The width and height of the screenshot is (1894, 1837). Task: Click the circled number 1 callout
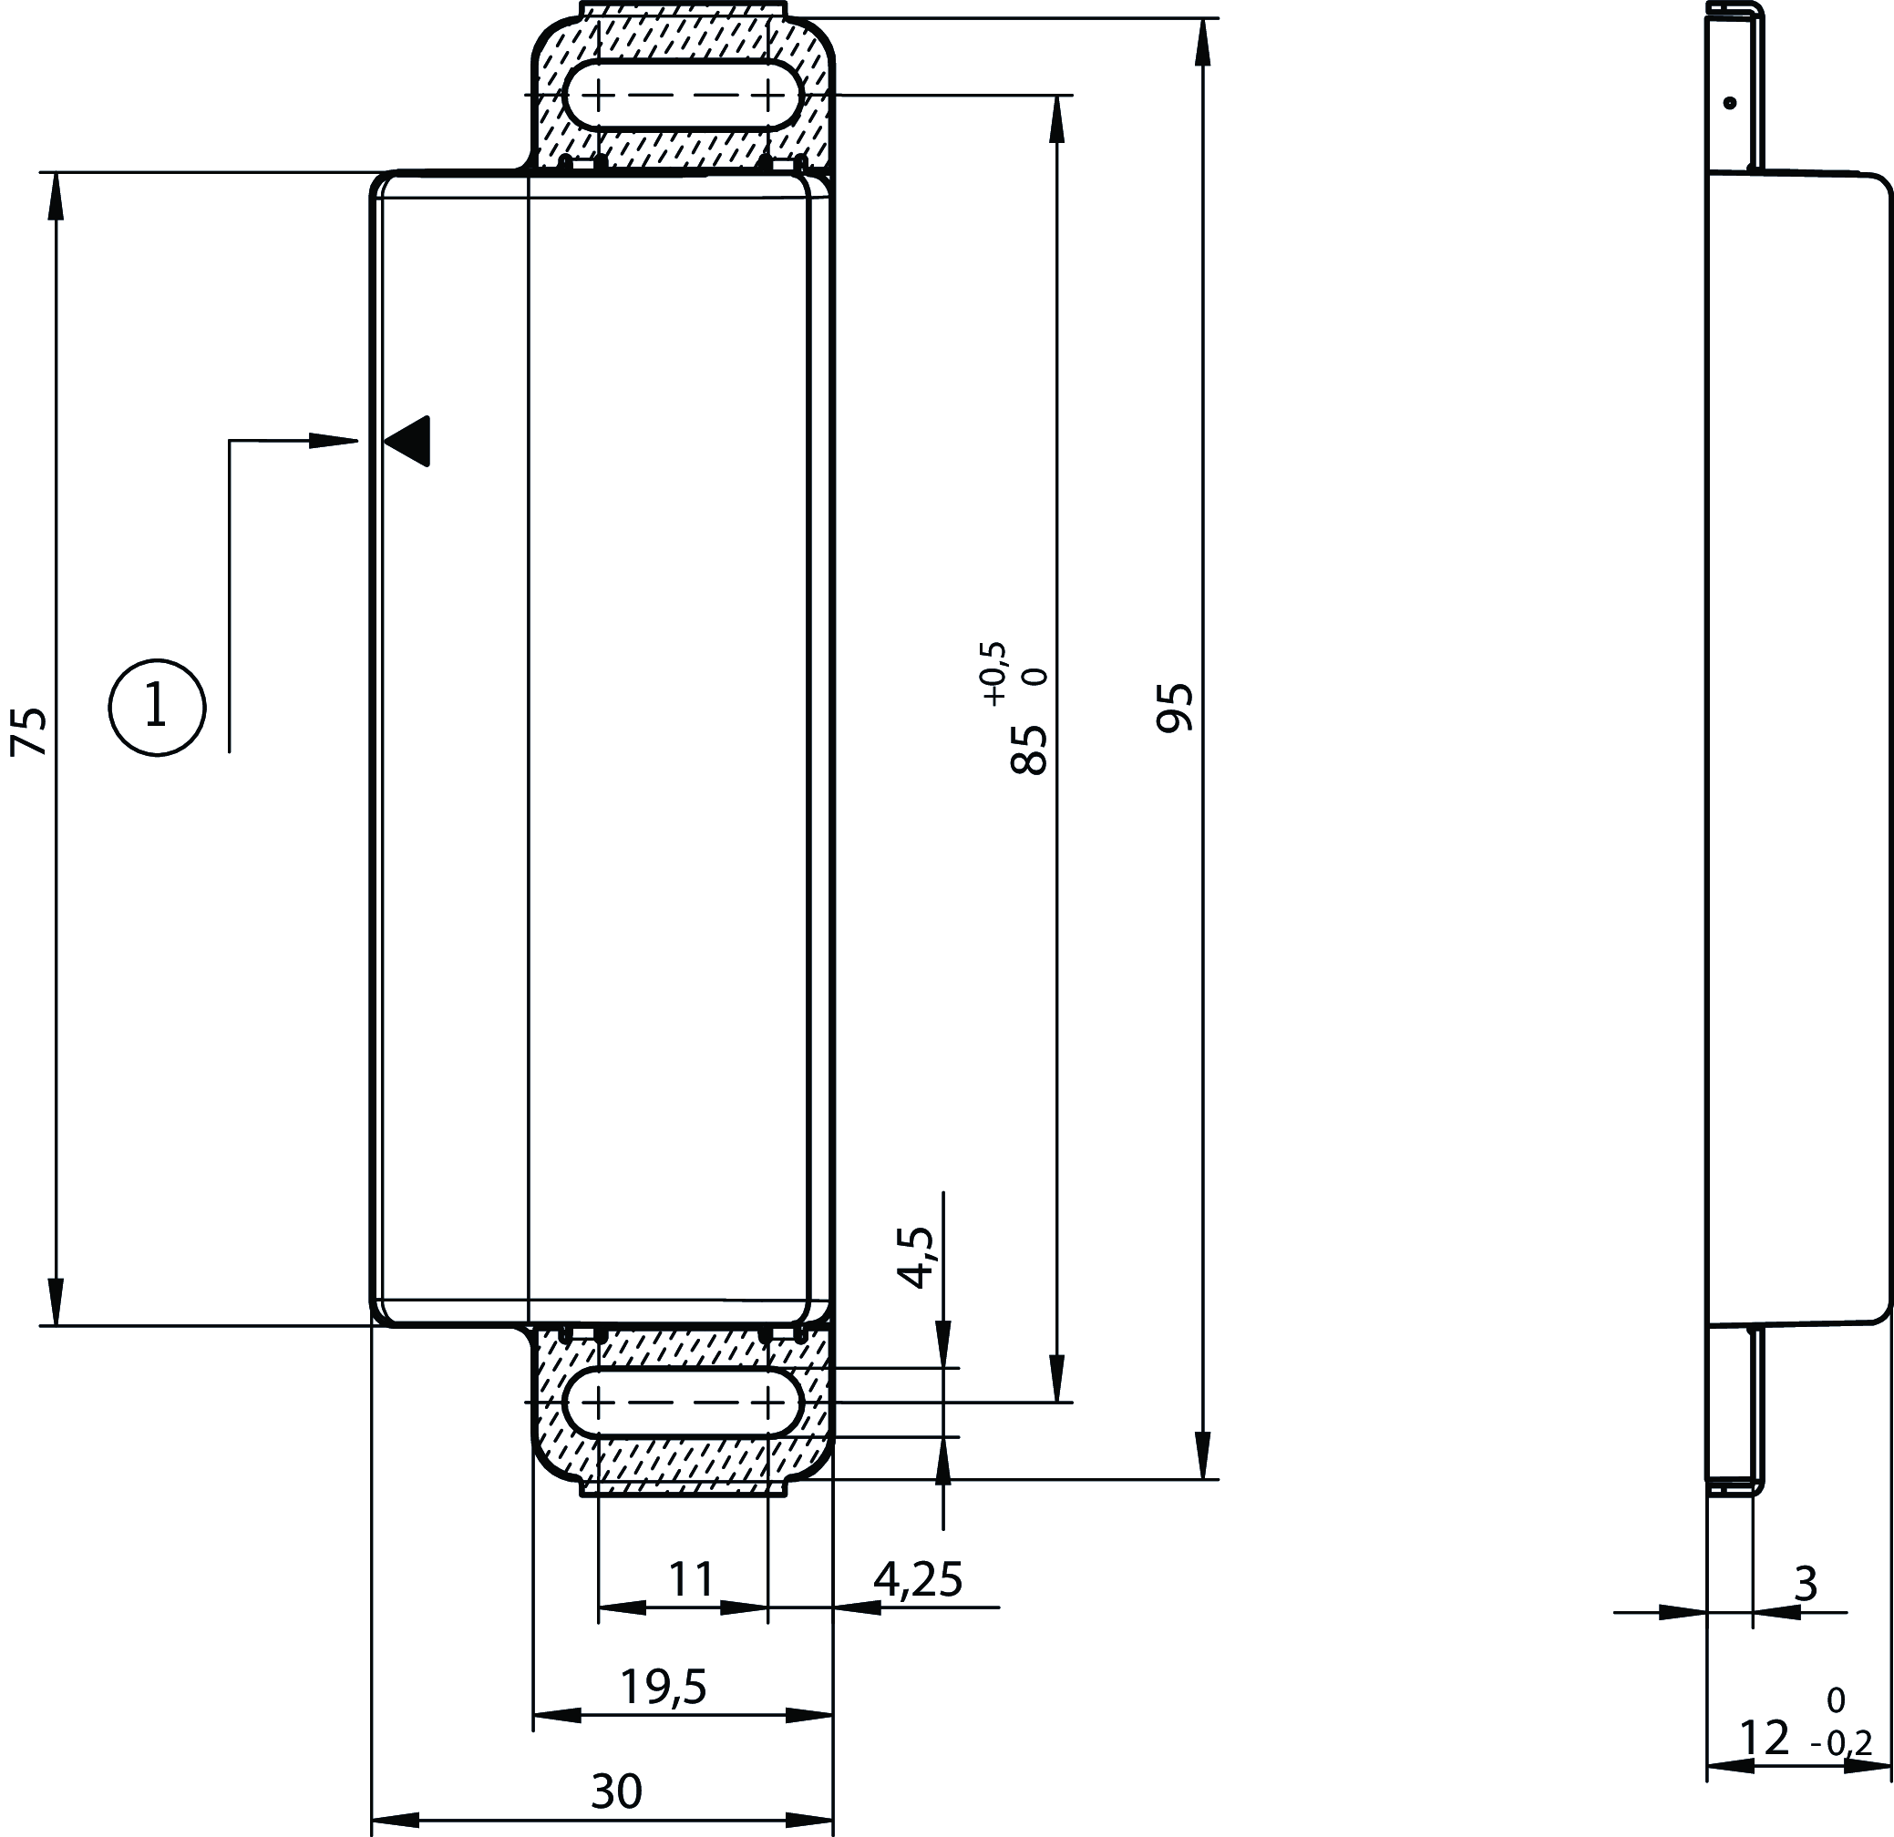157,708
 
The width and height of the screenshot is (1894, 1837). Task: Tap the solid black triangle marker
407,442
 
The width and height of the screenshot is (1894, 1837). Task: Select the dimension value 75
28,731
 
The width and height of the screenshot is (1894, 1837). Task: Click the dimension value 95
1175,708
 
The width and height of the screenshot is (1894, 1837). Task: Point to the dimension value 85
1029,750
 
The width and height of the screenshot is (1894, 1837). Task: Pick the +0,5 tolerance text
994,673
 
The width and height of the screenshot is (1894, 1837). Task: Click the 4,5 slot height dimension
915,1258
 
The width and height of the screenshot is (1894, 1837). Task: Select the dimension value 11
692,1580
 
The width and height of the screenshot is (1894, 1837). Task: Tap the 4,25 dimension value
918,1580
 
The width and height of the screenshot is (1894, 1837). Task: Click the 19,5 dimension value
664,1688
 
